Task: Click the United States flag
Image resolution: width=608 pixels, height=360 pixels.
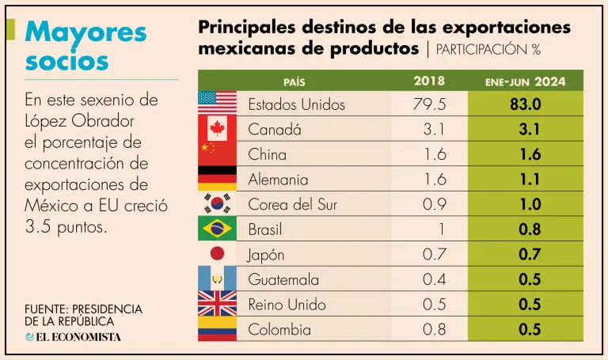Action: tap(217, 103)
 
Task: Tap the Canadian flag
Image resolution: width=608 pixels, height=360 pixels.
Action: tap(217, 128)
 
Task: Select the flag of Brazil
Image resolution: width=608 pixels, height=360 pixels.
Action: tap(217, 229)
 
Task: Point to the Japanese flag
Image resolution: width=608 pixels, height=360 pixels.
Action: tap(217, 254)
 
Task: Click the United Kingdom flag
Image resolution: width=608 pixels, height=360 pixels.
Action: tap(217, 304)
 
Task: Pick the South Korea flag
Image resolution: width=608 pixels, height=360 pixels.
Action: tap(217, 203)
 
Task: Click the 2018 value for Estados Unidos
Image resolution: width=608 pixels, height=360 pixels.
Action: tap(429, 104)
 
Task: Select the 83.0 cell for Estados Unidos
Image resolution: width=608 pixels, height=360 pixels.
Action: tap(525, 104)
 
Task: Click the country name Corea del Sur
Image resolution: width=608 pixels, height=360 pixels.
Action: tap(292, 205)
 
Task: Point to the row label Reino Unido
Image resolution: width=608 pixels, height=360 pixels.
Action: tap(287, 305)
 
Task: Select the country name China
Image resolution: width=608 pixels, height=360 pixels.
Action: tap(268, 154)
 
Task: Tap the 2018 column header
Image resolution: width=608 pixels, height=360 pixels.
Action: tap(429, 81)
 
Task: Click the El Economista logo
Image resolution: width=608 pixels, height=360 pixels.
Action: tap(73, 336)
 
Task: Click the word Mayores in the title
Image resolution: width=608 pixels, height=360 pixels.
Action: tap(85, 33)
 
